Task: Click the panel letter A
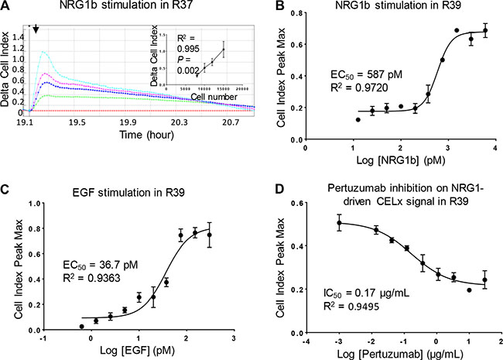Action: (5, 6)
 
